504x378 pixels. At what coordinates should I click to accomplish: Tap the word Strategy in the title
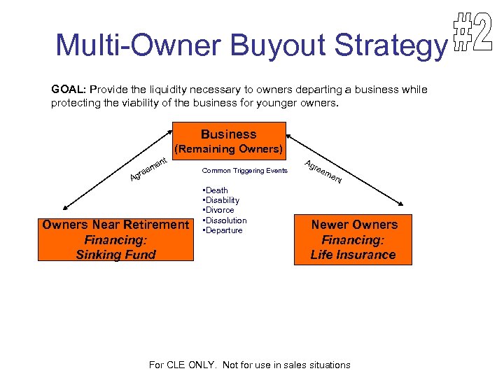389,46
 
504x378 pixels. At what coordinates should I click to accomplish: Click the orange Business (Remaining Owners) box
229,141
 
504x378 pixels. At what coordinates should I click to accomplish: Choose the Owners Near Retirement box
116,239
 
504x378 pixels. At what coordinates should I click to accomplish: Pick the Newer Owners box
353,239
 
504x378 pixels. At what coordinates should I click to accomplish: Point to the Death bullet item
216,190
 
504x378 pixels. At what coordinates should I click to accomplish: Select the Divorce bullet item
219,210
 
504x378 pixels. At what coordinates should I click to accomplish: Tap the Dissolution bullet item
224,220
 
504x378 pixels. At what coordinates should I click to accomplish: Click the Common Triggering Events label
244,171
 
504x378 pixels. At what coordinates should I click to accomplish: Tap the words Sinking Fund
116,255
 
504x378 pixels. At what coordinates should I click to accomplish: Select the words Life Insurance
353,255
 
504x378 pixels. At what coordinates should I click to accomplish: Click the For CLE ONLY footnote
250,365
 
